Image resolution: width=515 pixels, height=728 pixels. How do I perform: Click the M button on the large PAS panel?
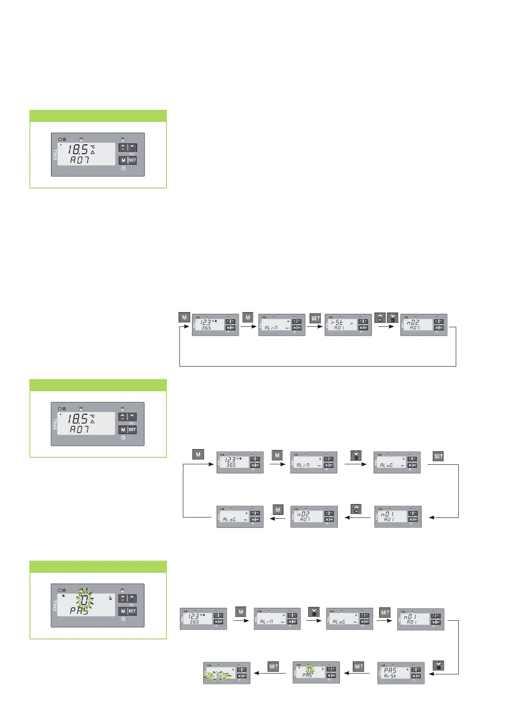(x=123, y=611)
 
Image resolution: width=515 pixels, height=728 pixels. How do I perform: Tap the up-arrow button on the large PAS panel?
(x=123, y=598)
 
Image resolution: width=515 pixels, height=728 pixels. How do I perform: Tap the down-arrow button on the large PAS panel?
(x=132, y=598)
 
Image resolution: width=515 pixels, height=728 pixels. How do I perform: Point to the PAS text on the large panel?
(x=79, y=611)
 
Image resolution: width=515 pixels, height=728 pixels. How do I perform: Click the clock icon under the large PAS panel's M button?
(x=123, y=619)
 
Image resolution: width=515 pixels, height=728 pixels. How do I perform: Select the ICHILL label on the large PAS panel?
(x=55, y=605)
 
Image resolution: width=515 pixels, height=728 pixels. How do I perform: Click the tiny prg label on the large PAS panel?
(x=132, y=605)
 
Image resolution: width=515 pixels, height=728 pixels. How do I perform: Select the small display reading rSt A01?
(x=348, y=325)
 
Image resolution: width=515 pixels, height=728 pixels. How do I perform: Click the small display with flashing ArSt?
(x=227, y=673)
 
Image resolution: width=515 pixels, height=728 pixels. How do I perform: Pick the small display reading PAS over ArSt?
(x=401, y=673)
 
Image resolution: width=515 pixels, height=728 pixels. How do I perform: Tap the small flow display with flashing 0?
(x=316, y=672)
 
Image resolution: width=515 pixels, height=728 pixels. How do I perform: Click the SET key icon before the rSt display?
(x=315, y=318)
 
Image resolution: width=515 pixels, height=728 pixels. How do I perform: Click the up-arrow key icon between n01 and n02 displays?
(x=356, y=509)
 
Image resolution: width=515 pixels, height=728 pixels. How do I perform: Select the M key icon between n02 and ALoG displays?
(x=278, y=510)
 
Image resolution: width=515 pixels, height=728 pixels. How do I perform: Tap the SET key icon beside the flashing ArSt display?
(x=273, y=666)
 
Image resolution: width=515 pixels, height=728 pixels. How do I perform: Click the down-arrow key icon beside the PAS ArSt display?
(x=438, y=666)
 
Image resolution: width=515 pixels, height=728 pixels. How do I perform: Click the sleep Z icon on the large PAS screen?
(x=110, y=598)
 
